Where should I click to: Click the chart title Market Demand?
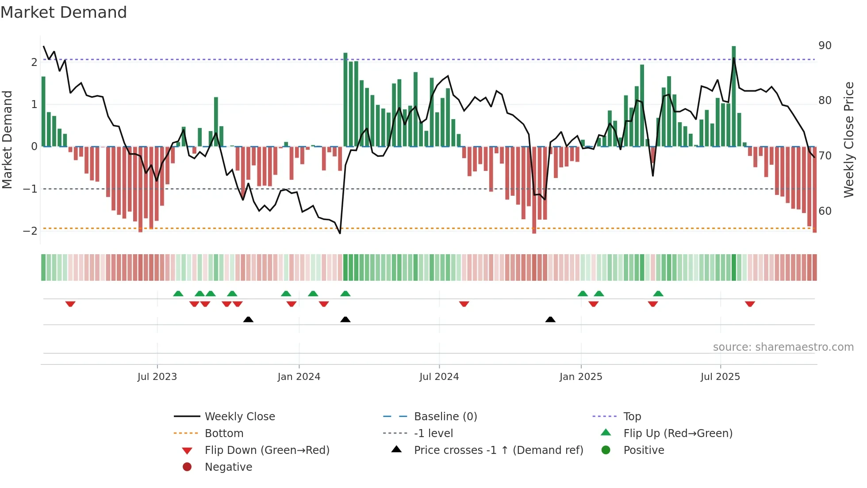(x=64, y=12)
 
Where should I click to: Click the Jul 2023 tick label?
(x=157, y=377)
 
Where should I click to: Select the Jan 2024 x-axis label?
(x=299, y=377)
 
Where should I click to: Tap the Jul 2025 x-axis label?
(x=720, y=377)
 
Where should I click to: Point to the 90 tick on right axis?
(x=825, y=46)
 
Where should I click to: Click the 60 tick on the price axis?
(x=825, y=211)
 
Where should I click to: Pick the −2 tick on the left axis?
(x=31, y=231)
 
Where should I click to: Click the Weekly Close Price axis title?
(x=848, y=139)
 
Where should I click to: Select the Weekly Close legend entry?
(x=239, y=417)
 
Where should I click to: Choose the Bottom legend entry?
(x=224, y=434)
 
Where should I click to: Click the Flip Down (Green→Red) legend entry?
(x=267, y=450)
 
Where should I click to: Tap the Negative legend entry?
(x=228, y=467)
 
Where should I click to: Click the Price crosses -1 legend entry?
(x=498, y=450)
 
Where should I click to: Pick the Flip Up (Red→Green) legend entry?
(x=678, y=434)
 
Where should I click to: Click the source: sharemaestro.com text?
(x=783, y=347)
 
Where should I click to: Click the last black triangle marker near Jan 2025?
(x=550, y=320)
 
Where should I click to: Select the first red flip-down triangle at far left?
(x=70, y=304)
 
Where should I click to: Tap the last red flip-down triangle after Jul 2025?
(x=750, y=304)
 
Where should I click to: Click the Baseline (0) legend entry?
(x=445, y=417)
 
